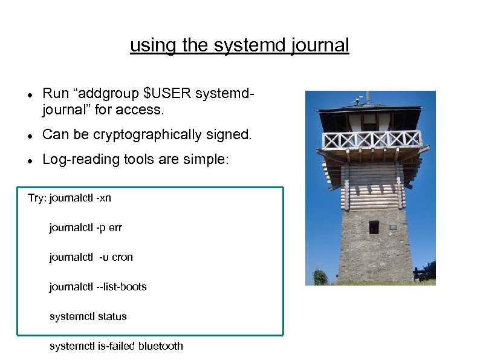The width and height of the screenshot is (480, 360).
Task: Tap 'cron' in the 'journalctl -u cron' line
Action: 122,257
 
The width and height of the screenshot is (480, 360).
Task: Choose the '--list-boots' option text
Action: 122,287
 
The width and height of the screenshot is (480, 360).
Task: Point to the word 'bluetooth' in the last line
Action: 160,346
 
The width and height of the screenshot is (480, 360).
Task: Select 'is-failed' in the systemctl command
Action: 114,346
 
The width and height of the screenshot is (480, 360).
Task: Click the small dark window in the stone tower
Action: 374,227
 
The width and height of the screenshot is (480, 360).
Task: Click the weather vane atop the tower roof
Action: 366,96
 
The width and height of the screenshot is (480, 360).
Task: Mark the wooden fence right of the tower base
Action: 424,275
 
